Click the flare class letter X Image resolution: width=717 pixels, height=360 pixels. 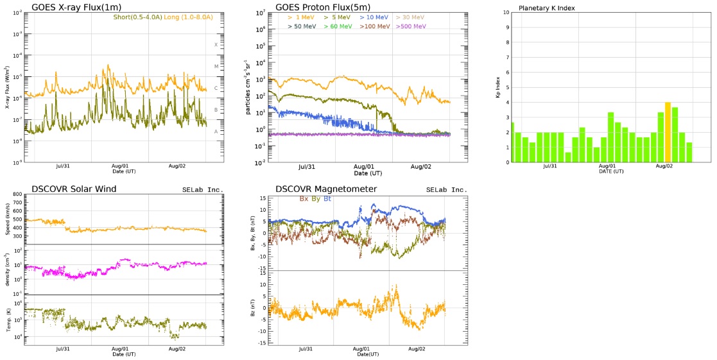216,45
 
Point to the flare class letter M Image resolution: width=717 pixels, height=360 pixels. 216,67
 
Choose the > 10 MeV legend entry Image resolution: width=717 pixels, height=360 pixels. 374,17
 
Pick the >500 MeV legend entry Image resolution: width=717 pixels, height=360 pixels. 411,26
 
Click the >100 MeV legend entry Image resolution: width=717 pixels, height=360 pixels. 375,26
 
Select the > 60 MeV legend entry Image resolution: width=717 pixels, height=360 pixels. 338,26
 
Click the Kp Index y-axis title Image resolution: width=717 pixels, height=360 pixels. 497,87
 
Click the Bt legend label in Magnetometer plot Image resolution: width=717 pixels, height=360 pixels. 336,199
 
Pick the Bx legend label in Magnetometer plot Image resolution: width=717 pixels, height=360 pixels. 305,199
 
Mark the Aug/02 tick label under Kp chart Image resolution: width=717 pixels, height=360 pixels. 664,166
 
